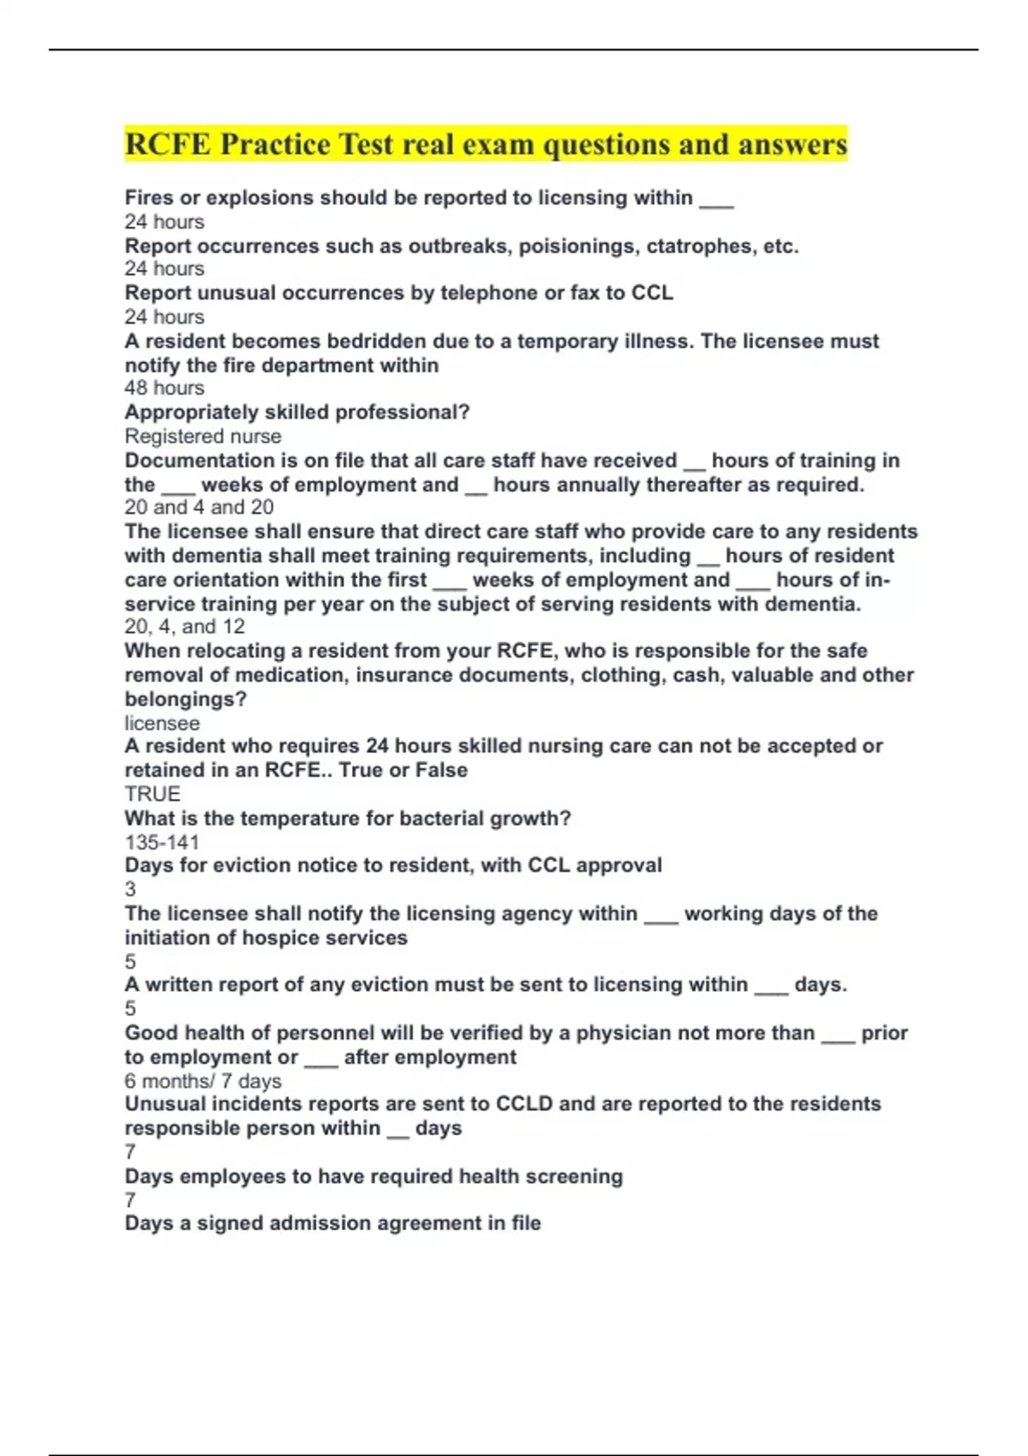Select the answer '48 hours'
tap(164, 388)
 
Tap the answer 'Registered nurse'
tap(202, 436)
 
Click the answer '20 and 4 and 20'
tap(199, 507)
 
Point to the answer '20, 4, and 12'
tap(184, 626)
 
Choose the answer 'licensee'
tap(162, 723)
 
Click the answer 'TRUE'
tap(152, 794)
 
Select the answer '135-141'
tap(161, 842)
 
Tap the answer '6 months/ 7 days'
tap(202, 1081)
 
